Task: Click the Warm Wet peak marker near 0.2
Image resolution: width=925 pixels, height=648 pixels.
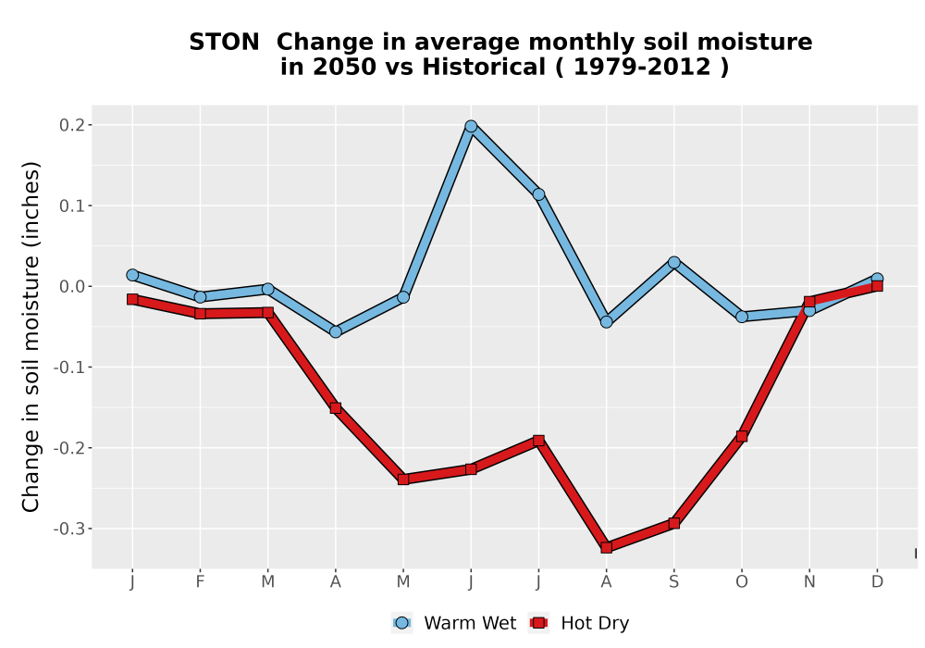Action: pos(471,126)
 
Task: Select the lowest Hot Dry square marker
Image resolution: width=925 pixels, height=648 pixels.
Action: pos(607,547)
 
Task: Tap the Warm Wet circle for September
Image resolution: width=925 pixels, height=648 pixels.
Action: pos(674,262)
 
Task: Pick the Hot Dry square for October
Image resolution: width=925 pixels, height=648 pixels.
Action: pos(742,436)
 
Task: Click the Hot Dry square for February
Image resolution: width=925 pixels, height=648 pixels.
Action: pos(200,314)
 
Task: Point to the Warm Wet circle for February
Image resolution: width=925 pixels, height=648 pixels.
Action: pos(200,297)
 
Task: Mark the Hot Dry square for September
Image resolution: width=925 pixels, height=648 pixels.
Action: pos(674,523)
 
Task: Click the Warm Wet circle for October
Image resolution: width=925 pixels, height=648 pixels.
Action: pos(742,317)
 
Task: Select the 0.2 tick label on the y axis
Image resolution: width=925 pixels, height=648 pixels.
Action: pos(72,125)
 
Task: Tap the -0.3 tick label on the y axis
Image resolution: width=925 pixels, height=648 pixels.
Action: pos(69,529)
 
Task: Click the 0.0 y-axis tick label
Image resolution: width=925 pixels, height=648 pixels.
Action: pos(72,287)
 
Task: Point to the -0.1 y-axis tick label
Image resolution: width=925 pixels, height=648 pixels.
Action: pos(69,368)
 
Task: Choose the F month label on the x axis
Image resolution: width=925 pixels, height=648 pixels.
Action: pos(200,582)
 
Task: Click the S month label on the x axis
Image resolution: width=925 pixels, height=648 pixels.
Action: pos(674,582)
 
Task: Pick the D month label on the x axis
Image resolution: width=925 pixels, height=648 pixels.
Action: pos(877,582)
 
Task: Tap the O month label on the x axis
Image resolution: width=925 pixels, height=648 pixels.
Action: pos(742,582)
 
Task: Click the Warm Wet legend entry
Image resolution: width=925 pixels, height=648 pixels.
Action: pos(453,623)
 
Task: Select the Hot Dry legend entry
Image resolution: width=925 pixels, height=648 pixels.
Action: pos(579,623)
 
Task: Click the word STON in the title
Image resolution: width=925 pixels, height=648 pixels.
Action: pos(224,43)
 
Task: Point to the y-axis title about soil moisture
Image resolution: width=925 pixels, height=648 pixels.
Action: pos(31,337)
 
